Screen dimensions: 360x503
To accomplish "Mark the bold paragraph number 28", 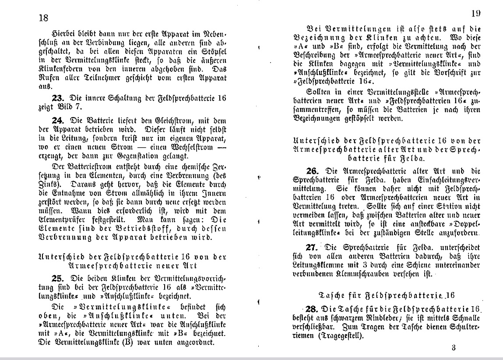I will pos(314,309).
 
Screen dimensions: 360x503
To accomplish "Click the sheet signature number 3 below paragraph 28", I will pos(453,349).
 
